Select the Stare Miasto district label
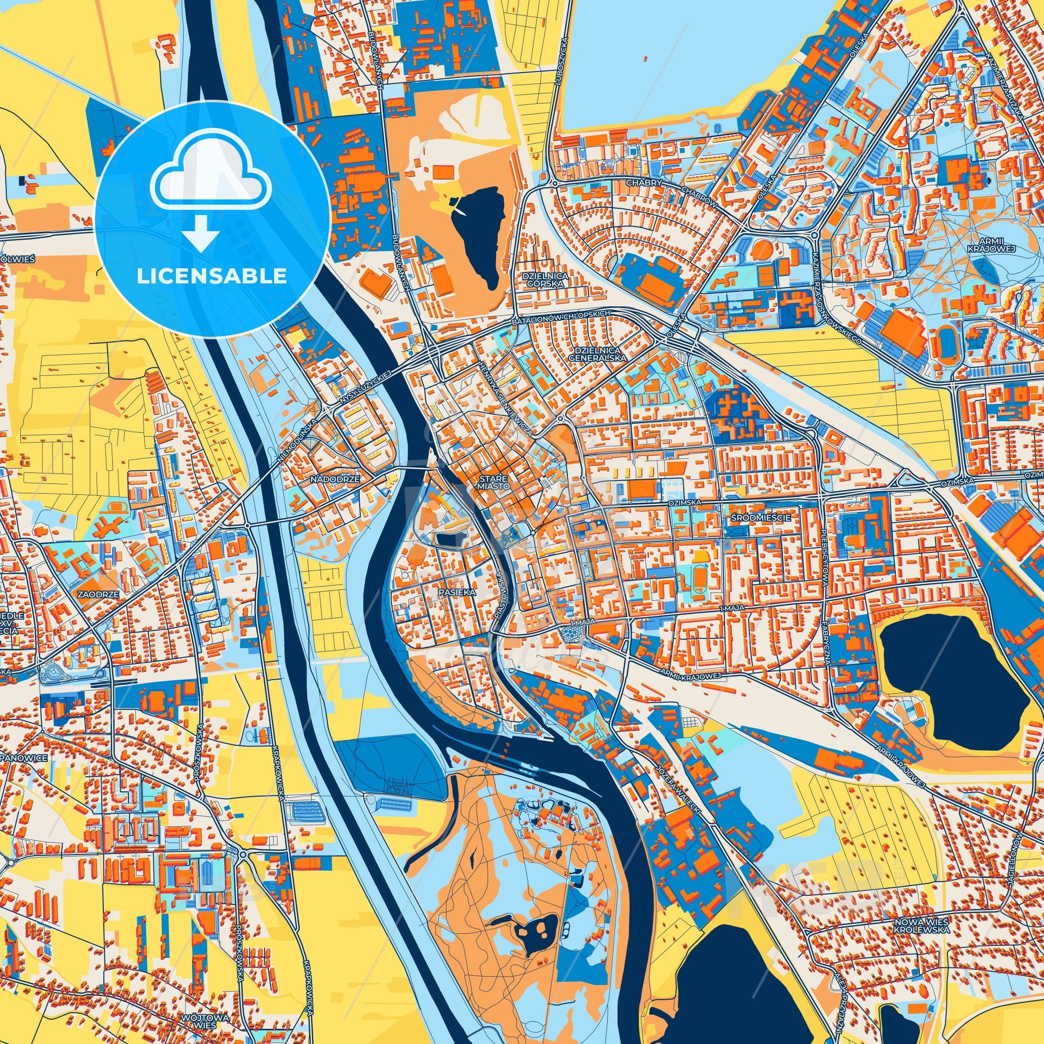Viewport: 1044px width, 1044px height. click(492, 482)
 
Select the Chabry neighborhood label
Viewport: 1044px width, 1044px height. click(643, 183)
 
